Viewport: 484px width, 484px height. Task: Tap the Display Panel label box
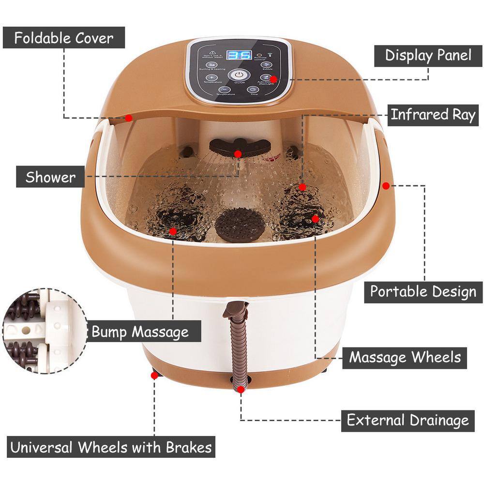tap(428, 55)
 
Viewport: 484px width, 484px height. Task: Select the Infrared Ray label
tap(433, 115)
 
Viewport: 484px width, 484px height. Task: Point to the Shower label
tap(51, 177)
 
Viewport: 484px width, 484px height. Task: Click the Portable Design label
tap(423, 292)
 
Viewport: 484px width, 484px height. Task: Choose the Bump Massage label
tap(140, 332)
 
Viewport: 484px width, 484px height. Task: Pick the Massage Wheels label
tap(405, 358)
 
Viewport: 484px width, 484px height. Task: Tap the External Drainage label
tap(408, 420)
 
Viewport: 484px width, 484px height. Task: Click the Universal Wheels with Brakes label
tap(111, 447)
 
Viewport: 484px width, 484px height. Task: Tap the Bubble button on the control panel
tap(265, 65)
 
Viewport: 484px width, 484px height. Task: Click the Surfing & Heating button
tap(211, 65)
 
